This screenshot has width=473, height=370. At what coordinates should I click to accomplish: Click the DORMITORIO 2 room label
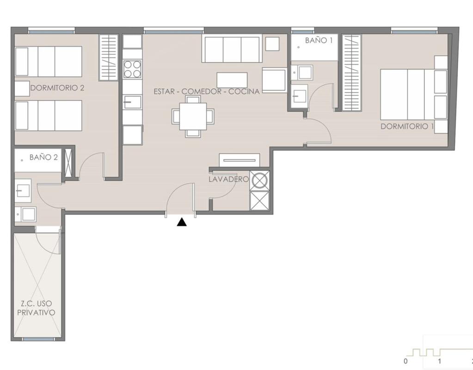[x=57, y=88]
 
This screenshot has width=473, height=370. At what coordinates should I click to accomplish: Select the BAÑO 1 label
[x=319, y=40]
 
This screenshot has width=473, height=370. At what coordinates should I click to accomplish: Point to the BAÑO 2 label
[x=43, y=157]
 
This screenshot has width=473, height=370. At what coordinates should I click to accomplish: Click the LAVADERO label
[x=229, y=179]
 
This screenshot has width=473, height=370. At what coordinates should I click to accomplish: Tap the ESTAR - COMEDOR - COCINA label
[x=207, y=92]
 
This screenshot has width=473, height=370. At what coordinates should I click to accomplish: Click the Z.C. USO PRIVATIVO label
[x=36, y=308]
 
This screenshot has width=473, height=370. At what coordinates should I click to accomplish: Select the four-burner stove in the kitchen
[x=132, y=69]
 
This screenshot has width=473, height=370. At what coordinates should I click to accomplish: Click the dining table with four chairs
[x=193, y=116]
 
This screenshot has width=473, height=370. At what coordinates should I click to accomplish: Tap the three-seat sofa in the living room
[x=232, y=49]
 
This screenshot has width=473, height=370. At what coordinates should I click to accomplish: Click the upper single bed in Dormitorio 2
[x=49, y=61]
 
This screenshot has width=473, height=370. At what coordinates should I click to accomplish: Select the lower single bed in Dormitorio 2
[x=49, y=116]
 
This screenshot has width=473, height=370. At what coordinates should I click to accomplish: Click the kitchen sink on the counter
[x=132, y=102]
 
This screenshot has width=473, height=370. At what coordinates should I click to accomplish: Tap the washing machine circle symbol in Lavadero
[x=260, y=180]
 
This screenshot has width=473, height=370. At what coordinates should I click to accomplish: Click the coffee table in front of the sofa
[x=232, y=80]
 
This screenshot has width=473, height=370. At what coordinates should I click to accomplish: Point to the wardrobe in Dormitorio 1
[x=351, y=73]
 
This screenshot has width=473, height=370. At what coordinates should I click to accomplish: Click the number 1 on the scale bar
[x=440, y=361]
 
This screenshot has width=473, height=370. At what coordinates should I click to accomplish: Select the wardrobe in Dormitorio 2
[x=109, y=57]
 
